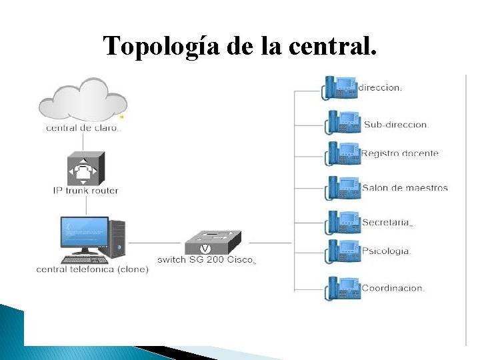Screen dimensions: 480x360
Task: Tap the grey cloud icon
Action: pos(83,99)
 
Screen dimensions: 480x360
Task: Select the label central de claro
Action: pos(83,128)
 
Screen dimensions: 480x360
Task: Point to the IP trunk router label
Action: pos(85,191)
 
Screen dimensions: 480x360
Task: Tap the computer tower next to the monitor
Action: pos(117,239)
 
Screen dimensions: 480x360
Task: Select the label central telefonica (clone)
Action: pos(92,269)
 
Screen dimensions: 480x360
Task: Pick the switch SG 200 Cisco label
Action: pos(205,259)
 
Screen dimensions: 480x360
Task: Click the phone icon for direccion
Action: pos(340,87)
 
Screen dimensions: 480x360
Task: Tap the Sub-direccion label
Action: pos(396,125)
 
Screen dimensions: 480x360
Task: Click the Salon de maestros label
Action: pos(405,188)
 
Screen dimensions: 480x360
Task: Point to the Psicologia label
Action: pos(386,251)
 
